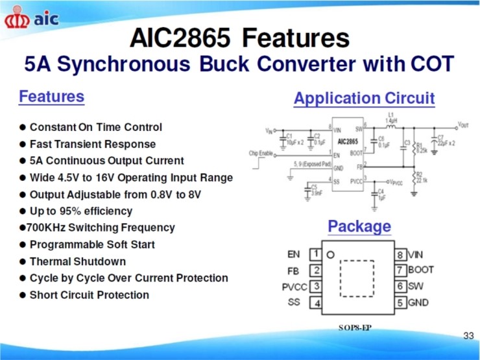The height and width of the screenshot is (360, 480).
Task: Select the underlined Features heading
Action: click(51, 97)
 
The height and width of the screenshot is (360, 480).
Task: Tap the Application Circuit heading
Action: click(364, 99)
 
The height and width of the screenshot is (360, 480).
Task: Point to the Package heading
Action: click(359, 226)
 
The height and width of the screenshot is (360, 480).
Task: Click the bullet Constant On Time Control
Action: click(95, 127)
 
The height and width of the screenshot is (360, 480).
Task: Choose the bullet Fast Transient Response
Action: click(92, 144)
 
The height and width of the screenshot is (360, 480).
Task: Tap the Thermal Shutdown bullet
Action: click(77, 261)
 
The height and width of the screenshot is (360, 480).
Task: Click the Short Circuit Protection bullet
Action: click(89, 295)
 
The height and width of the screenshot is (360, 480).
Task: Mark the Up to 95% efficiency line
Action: click(80, 211)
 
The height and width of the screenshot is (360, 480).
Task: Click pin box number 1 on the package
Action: click(316, 254)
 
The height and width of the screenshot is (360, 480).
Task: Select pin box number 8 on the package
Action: click(400, 254)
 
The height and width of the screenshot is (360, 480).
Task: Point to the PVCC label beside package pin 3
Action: click(294, 286)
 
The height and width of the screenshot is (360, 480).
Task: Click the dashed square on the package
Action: click(357, 278)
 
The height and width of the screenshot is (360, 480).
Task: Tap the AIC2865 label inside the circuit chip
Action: click(348, 141)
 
